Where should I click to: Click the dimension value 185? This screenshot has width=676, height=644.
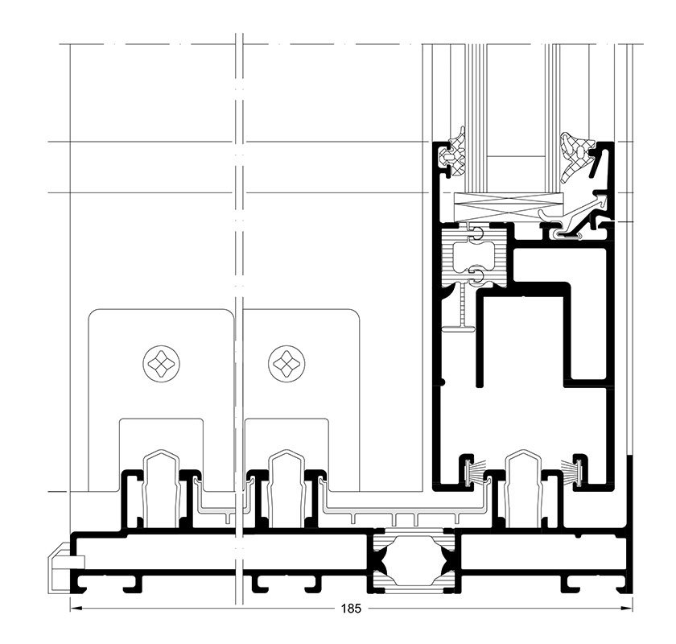click(351, 609)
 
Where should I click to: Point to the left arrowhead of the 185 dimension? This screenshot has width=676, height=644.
click(76, 609)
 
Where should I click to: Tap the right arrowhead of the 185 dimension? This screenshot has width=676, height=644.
click(627, 609)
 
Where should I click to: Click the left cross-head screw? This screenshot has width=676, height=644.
click(161, 363)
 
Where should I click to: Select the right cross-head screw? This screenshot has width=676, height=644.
click(286, 363)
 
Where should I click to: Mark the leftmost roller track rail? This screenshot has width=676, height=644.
click(161, 489)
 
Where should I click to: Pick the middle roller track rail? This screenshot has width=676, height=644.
click(286, 489)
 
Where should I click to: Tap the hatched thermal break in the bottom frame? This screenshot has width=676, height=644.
click(413, 560)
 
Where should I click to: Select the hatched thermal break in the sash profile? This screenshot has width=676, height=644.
click(473, 256)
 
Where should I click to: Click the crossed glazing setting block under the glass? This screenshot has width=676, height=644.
click(509, 207)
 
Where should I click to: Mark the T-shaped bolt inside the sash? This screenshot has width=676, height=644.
click(461, 312)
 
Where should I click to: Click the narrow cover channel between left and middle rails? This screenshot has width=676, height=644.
click(223, 502)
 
